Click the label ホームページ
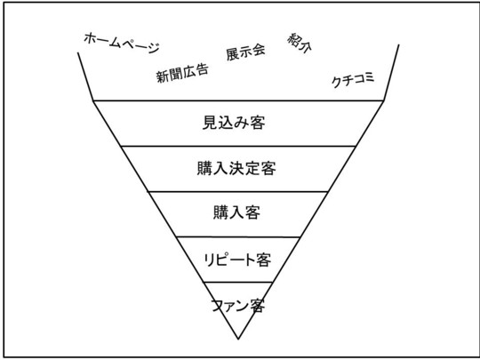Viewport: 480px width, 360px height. click(x=122, y=43)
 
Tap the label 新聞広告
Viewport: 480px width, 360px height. click(x=182, y=74)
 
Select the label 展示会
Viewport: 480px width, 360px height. click(x=245, y=52)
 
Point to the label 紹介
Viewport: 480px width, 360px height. click(x=300, y=43)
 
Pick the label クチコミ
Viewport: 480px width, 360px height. click(x=353, y=80)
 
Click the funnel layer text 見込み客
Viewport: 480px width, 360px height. click(x=234, y=123)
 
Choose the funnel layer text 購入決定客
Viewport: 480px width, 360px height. click(x=236, y=168)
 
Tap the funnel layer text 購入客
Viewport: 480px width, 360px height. click(x=236, y=212)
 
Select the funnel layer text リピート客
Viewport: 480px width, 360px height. click(x=237, y=260)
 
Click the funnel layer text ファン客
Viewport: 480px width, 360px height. click(x=237, y=306)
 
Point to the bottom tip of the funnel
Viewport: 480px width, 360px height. click(x=238, y=339)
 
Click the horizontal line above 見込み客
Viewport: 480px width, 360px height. click(x=238, y=100)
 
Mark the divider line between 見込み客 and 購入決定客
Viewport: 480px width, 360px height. click(x=238, y=146)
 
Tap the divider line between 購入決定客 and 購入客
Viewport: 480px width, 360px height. click(x=238, y=192)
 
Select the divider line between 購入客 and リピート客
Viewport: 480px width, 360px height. click(x=238, y=237)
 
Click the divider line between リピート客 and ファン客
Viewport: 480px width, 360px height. click(x=238, y=282)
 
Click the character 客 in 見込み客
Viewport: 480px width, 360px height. click(x=258, y=123)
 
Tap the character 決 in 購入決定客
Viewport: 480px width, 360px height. click(x=236, y=168)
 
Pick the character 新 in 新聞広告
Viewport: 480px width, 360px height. click(x=163, y=76)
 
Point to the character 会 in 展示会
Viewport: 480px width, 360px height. click(x=259, y=50)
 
